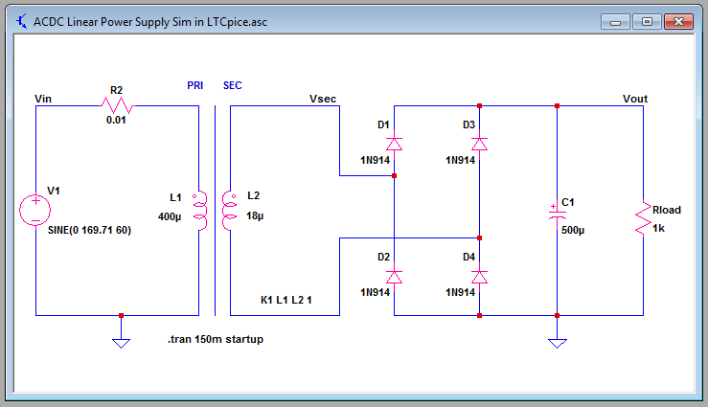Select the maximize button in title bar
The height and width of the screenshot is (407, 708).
point(647,21)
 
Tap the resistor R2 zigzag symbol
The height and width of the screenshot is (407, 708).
point(117,106)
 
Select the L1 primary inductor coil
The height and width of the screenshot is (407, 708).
point(200,210)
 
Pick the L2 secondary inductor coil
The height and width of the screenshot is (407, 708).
point(229,210)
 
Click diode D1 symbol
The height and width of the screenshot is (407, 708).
point(394,144)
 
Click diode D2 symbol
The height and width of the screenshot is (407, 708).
point(394,276)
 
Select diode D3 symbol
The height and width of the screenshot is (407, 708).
point(479,144)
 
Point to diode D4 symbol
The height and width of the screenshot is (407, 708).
point(479,276)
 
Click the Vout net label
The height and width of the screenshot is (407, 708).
point(635,99)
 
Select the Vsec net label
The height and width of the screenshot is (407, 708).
point(323,99)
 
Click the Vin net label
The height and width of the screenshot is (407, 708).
point(43,99)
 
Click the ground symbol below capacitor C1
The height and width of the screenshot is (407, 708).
point(557,341)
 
